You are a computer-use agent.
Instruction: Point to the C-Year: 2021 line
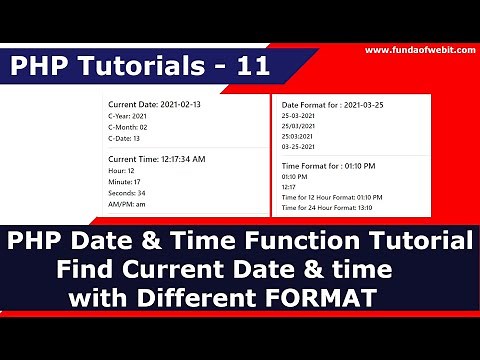tap(127, 117)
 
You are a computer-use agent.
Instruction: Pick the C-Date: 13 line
tap(125, 139)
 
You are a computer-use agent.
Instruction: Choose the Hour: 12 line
tap(122, 171)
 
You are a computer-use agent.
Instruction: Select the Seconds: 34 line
tap(127, 193)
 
